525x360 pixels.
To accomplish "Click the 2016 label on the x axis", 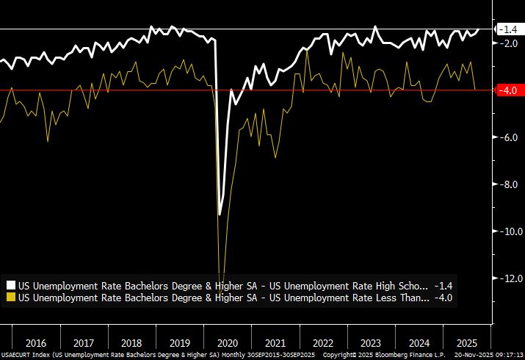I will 37,342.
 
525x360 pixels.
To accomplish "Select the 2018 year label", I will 132,342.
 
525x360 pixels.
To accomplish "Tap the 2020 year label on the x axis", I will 228,342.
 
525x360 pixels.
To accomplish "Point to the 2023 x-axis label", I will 372,342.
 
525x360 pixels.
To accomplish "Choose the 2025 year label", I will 466,342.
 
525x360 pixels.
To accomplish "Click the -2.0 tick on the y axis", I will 509,43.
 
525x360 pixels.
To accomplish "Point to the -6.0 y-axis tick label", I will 509,137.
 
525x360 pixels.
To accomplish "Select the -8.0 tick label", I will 509,184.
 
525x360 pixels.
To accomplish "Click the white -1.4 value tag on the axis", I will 508,29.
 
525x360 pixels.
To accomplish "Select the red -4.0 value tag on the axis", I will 508,90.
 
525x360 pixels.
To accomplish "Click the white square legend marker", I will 10,285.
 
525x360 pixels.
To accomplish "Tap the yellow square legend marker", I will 10,298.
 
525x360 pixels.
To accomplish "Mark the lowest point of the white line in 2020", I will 220,215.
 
